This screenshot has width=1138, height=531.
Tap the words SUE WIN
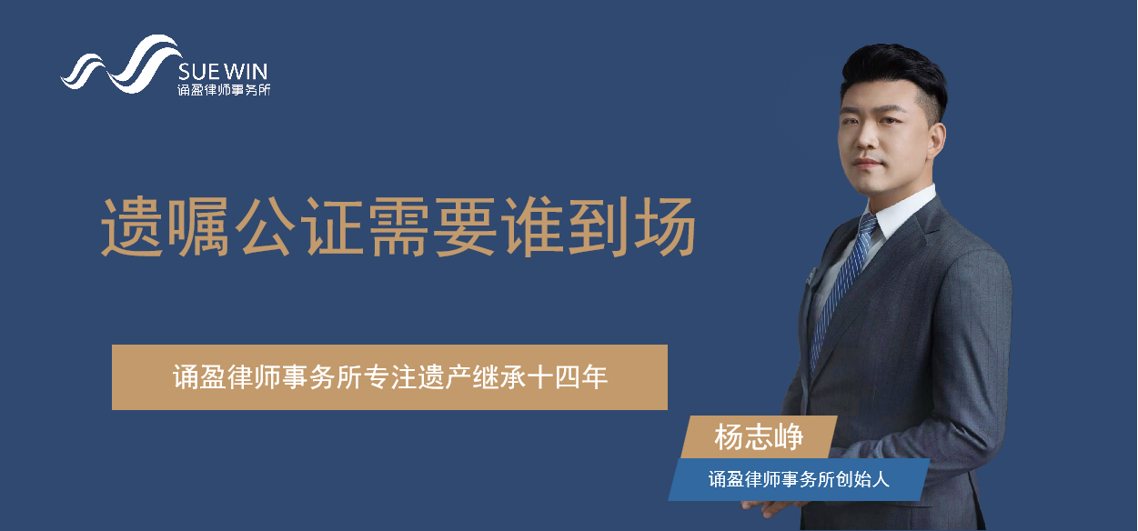[223, 72]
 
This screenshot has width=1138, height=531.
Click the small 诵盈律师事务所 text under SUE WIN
[224, 90]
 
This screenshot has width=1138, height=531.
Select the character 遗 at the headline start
[132, 226]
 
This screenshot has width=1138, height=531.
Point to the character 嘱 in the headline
[198, 226]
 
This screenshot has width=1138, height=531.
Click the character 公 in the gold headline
[267, 226]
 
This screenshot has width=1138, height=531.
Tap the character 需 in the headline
[398, 226]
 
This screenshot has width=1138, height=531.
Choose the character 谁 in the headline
[531, 226]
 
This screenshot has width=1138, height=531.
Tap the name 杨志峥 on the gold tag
[759, 437]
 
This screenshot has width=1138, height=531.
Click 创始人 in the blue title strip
[862, 479]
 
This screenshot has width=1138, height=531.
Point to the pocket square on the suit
[811, 276]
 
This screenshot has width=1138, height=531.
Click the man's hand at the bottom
[772, 507]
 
